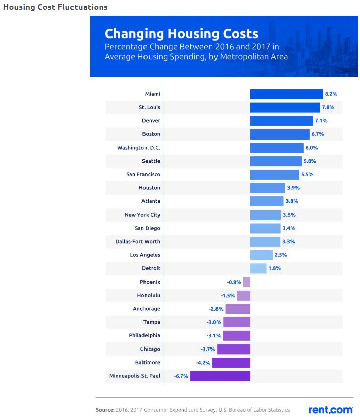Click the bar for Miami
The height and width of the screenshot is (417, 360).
pyautogui.click(x=286, y=94)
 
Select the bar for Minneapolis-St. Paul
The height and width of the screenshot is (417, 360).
pyautogui.click(x=220, y=376)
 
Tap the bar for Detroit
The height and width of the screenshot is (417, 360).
pyautogui.click(x=258, y=268)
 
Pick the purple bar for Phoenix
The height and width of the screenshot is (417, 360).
pyautogui.click(x=247, y=282)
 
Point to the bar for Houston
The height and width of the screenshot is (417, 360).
pyautogui.click(x=267, y=188)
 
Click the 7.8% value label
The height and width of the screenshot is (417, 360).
pyautogui.click(x=328, y=107)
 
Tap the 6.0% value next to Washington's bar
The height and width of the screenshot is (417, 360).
pyautogui.click(x=311, y=148)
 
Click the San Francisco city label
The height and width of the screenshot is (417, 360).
pyautogui.click(x=143, y=174)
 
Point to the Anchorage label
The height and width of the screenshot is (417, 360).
pyautogui.click(x=147, y=309)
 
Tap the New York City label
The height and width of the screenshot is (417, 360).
pyautogui.click(x=142, y=215)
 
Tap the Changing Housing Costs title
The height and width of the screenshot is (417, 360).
pyautogui.click(x=181, y=34)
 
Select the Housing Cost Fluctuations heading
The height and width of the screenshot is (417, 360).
pyautogui.click(x=55, y=7)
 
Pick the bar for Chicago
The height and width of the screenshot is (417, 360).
pyautogui.click(x=233, y=349)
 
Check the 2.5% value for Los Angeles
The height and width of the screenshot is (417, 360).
pyautogui.click(x=281, y=255)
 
